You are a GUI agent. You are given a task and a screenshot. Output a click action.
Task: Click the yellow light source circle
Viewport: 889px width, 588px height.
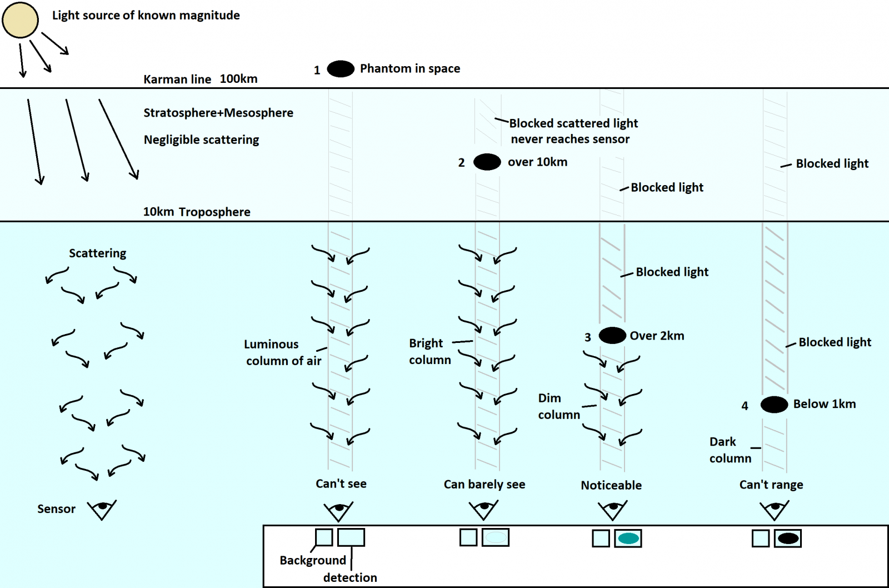[20, 20]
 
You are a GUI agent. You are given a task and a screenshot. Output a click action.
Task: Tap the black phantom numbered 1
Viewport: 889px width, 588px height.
[341, 69]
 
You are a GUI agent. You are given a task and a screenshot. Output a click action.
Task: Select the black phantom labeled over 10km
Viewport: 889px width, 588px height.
[487, 162]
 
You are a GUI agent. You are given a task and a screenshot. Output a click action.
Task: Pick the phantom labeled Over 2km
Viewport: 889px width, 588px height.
[612, 336]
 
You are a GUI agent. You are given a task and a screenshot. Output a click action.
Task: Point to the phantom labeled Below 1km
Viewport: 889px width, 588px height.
[774, 405]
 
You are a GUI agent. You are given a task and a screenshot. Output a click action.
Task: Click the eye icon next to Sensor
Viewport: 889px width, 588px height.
[102, 509]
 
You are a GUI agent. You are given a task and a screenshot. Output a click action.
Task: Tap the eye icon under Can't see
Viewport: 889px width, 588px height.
[338, 510]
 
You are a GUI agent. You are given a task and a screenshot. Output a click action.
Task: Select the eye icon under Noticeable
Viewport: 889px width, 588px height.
[612, 509]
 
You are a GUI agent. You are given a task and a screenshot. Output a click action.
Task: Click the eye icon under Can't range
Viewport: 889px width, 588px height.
[774, 509]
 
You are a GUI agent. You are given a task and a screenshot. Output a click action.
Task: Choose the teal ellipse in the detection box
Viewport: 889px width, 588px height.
[628, 539]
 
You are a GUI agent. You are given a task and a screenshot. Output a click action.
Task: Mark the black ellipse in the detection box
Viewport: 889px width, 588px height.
[788, 539]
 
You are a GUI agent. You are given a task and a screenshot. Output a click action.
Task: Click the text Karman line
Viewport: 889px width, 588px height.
[177, 79]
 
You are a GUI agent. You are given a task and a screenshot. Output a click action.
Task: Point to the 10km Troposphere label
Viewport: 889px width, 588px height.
[197, 212]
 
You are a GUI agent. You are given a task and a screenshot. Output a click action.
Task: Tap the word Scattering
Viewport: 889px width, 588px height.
[97, 253]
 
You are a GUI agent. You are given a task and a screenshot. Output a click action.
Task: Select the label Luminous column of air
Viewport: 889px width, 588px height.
[283, 352]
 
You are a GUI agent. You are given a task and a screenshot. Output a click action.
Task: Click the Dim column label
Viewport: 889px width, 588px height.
[558, 406]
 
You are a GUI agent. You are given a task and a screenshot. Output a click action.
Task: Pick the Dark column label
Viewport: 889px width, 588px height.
[730, 450]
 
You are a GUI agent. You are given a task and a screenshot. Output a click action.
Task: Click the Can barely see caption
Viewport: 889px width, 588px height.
[484, 485]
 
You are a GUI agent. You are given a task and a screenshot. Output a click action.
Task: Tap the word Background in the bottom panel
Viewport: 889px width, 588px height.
[313, 560]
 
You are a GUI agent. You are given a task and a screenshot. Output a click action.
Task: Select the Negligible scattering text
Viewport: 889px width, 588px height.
[201, 140]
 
